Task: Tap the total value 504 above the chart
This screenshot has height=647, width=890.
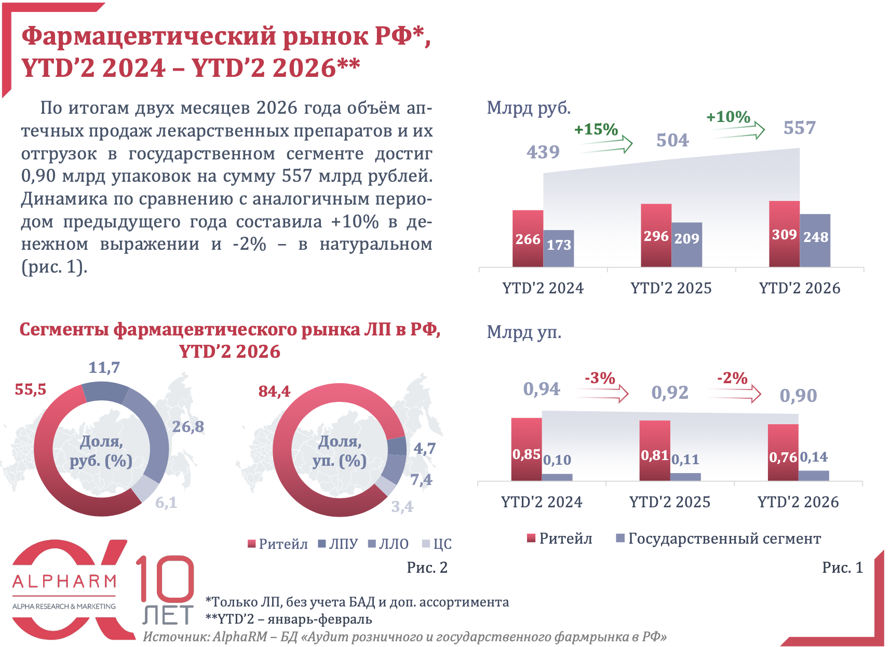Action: tap(672, 140)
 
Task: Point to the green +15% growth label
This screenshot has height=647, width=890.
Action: tap(596, 129)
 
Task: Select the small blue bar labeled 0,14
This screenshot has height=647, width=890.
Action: tap(814, 475)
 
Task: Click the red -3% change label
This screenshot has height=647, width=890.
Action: tap(600, 378)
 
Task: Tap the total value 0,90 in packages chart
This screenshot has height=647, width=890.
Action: tap(798, 396)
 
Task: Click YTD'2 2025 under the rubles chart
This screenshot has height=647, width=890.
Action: tap(671, 288)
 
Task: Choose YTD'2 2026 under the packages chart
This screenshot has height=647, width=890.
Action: tap(798, 502)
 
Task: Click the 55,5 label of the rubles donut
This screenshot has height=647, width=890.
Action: tap(31, 389)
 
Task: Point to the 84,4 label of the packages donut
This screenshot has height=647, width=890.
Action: tap(274, 391)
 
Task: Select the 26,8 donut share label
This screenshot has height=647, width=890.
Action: tap(188, 427)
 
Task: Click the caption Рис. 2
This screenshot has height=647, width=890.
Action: tap(427, 568)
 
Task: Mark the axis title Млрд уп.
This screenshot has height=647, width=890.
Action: tap(524, 332)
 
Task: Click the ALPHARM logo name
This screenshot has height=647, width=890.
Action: tap(64, 581)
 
